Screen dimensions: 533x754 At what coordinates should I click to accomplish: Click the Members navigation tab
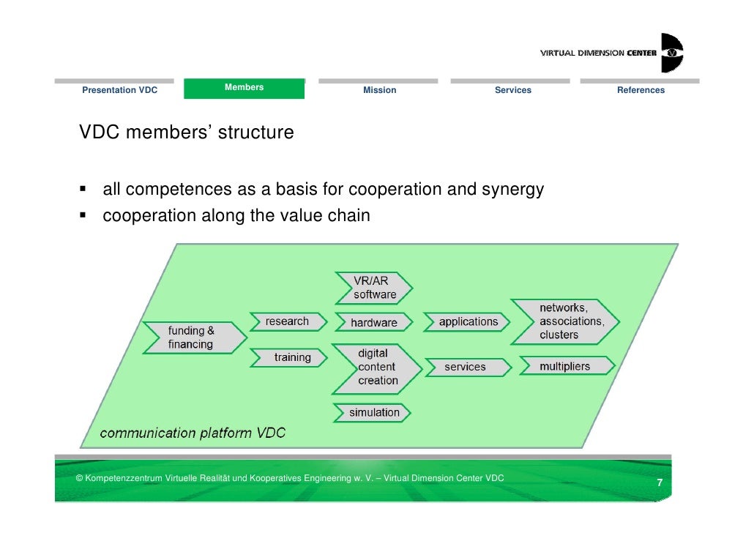[x=244, y=88]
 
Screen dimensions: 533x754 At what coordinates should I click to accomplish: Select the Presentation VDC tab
[x=119, y=90]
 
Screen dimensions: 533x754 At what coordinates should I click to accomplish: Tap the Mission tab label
[x=379, y=90]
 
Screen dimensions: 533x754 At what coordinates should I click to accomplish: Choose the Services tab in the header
[x=512, y=90]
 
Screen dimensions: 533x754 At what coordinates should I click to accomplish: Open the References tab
[x=641, y=90]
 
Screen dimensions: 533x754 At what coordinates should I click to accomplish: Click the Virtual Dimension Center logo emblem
[x=671, y=53]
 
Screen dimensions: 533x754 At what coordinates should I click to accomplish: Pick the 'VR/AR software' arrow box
[x=374, y=288]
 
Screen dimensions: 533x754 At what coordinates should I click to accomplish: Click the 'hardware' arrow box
[x=374, y=322]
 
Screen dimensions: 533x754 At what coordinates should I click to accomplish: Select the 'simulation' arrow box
[x=373, y=412]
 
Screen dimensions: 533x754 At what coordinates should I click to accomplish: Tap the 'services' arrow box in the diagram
[x=466, y=367]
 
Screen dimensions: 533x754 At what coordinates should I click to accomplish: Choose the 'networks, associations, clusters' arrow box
[x=565, y=321]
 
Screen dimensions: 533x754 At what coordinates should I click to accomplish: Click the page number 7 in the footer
[x=659, y=483]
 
